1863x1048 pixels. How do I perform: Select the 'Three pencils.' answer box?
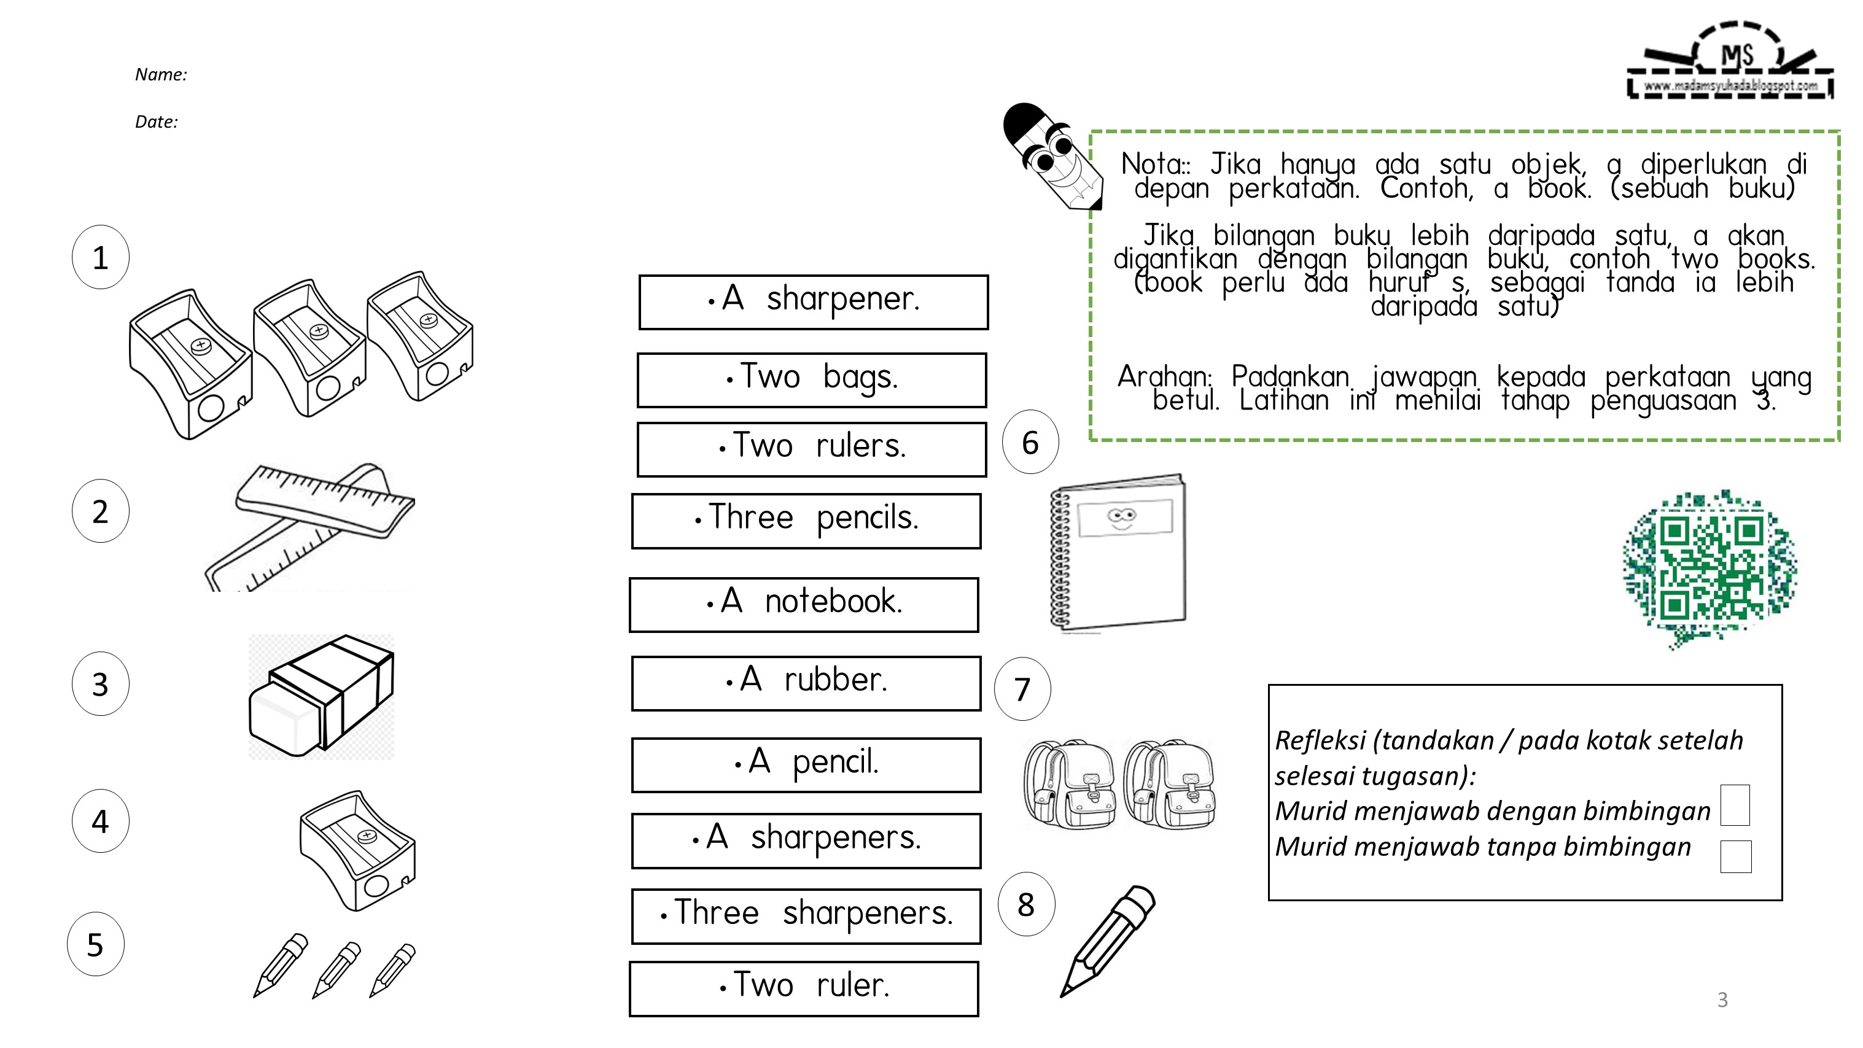tap(806, 521)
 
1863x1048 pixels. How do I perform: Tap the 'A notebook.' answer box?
tap(804, 605)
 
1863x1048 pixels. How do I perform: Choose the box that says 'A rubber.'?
tap(806, 683)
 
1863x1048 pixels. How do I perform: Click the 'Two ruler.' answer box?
tap(804, 988)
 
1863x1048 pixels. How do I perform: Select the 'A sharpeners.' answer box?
tap(806, 840)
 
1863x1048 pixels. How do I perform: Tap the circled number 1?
tap(101, 257)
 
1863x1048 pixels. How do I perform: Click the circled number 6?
tap(1030, 442)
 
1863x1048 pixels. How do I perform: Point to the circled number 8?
tap(1025, 904)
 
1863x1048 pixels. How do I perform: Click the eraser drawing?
tap(321, 696)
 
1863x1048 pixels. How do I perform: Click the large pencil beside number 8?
tap(1107, 940)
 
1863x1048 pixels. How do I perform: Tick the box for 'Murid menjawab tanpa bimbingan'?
tap(1735, 856)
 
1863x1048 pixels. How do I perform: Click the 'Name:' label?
tap(160, 74)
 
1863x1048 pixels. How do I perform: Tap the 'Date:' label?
tap(156, 122)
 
